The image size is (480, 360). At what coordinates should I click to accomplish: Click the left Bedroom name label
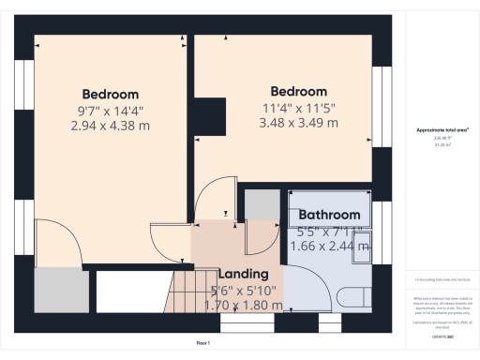click(x=110, y=94)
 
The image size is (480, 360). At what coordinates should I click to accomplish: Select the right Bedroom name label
click(x=298, y=91)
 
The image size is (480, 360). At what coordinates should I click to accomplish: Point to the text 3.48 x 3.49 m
click(x=298, y=121)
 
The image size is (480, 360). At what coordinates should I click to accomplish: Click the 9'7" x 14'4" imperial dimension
click(x=110, y=109)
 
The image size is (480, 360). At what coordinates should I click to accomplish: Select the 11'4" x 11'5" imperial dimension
click(x=298, y=106)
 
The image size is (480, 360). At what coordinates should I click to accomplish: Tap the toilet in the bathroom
click(x=353, y=297)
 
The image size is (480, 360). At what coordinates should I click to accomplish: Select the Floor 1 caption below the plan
click(x=202, y=344)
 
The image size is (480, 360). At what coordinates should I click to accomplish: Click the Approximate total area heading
click(x=442, y=130)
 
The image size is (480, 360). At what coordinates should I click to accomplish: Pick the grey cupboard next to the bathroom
click(x=263, y=205)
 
